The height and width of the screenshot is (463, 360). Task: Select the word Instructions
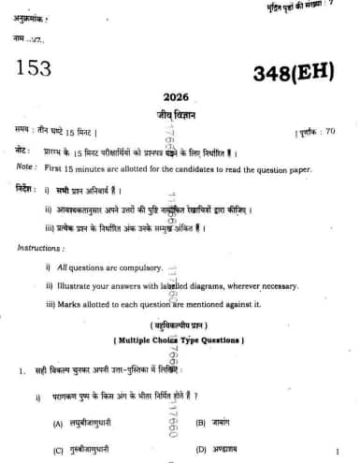39,248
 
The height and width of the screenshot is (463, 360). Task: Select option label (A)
59,424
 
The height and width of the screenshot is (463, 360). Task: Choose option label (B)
201,424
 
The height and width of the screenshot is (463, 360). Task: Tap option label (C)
59,450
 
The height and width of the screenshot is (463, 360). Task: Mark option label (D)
201,450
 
